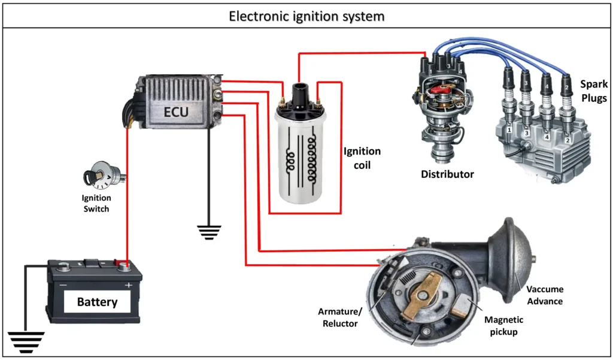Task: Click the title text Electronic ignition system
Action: pos(306,16)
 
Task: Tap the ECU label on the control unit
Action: pos(177,111)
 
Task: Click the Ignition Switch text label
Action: pos(96,204)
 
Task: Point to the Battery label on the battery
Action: pos(97,302)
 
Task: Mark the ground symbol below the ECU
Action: pos(209,232)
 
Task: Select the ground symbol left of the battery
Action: pos(26,341)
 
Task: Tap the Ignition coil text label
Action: pos(362,158)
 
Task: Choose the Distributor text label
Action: pos(447,174)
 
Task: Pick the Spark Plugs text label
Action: pos(593,91)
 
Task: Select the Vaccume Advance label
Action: pos(544,295)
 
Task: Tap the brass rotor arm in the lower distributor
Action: pos(426,298)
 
